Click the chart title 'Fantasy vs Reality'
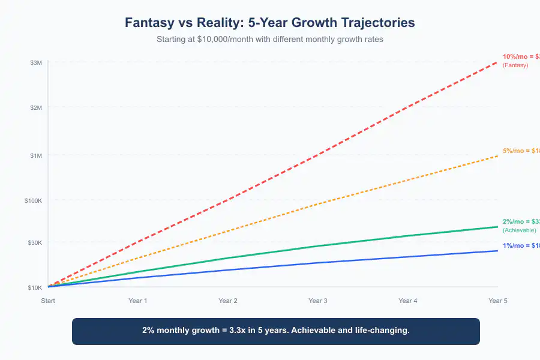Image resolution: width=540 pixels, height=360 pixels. (x=269, y=23)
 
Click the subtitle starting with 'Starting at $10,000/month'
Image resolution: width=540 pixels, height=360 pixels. (x=269, y=40)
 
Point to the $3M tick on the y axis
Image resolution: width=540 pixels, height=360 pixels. (x=35, y=62)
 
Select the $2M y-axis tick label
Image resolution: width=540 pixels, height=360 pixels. (x=35, y=107)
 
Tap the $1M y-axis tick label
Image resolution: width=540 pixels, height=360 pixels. (x=35, y=155)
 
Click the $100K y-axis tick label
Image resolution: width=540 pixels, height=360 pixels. (x=33, y=200)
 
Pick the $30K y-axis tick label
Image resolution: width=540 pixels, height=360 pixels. (x=34, y=242)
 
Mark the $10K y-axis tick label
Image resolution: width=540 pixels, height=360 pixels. (x=34, y=287)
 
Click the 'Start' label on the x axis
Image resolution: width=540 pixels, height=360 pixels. (x=48, y=301)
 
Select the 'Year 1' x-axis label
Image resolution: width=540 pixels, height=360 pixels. (x=138, y=301)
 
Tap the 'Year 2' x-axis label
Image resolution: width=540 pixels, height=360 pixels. (x=228, y=301)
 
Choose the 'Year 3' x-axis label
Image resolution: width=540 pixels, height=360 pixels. (x=318, y=301)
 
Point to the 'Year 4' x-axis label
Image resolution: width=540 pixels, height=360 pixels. (x=408, y=301)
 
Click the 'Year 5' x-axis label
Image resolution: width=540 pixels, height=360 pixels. (x=498, y=301)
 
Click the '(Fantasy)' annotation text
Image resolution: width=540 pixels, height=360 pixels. (x=515, y=65)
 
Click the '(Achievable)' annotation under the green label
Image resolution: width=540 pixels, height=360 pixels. (x=519, y=230)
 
